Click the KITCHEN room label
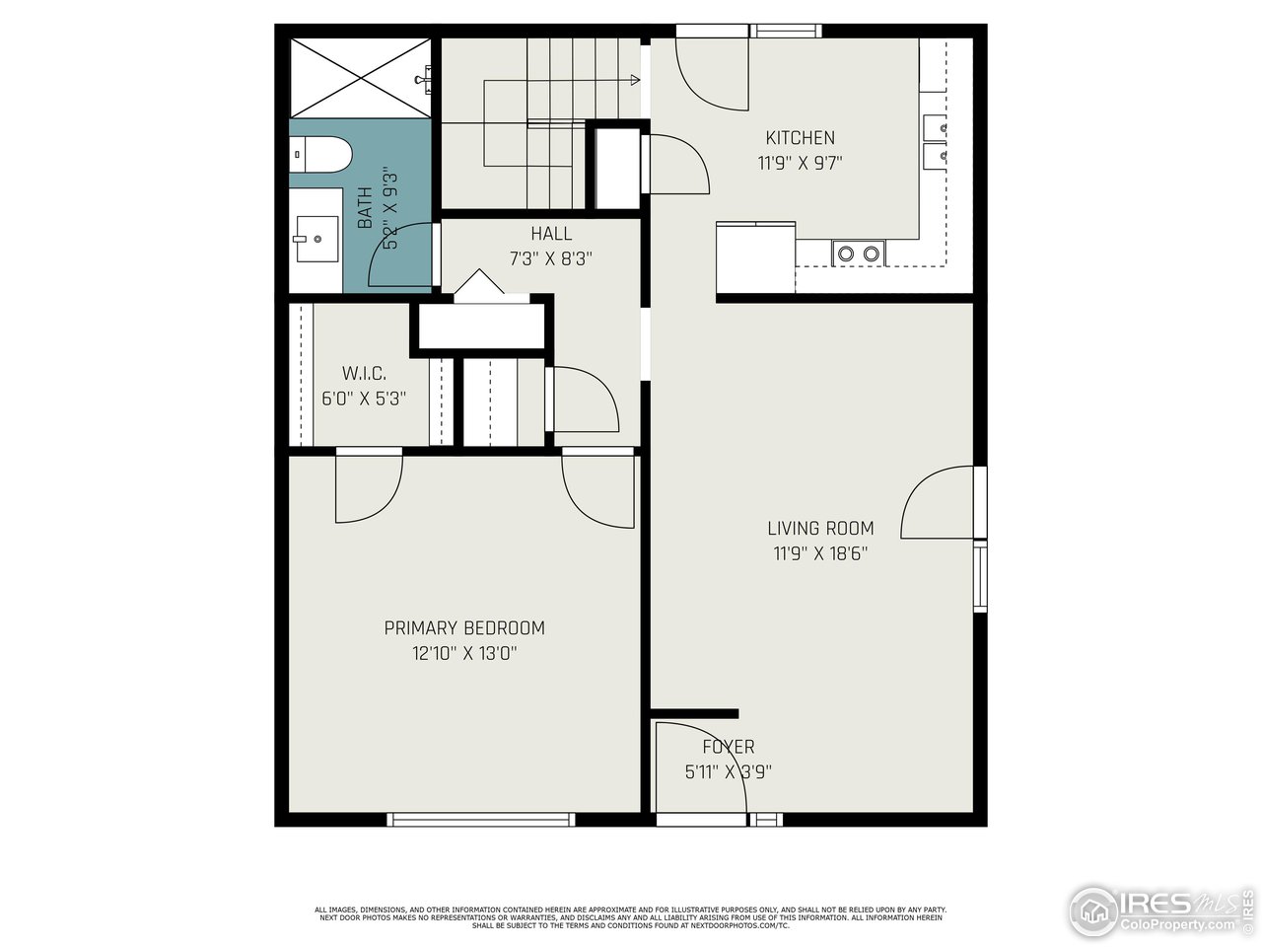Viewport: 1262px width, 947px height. (x=800, y=138)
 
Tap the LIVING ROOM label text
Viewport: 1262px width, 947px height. (x=820, y=528)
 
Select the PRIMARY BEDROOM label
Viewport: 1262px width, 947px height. (x=463, y=627)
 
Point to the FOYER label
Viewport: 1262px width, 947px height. (x=728, y=747)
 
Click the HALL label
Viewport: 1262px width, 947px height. (x=550, y=234)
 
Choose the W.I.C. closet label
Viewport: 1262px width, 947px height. (x=364, y=374)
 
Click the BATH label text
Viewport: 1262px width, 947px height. (x=365, y=207)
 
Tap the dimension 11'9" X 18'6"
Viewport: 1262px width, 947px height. (x=820, y=553)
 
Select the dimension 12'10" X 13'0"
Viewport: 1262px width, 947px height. (x=463, y=653)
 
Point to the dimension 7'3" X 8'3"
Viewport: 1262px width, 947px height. (x=550, y=259)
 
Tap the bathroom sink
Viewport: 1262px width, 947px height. (x=315, y=238)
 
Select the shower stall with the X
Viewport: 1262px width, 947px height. (x=360, y=78)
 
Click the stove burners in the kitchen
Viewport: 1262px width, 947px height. (x=858, y=254)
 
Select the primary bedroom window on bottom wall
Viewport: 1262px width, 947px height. (x=480, y=819)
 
